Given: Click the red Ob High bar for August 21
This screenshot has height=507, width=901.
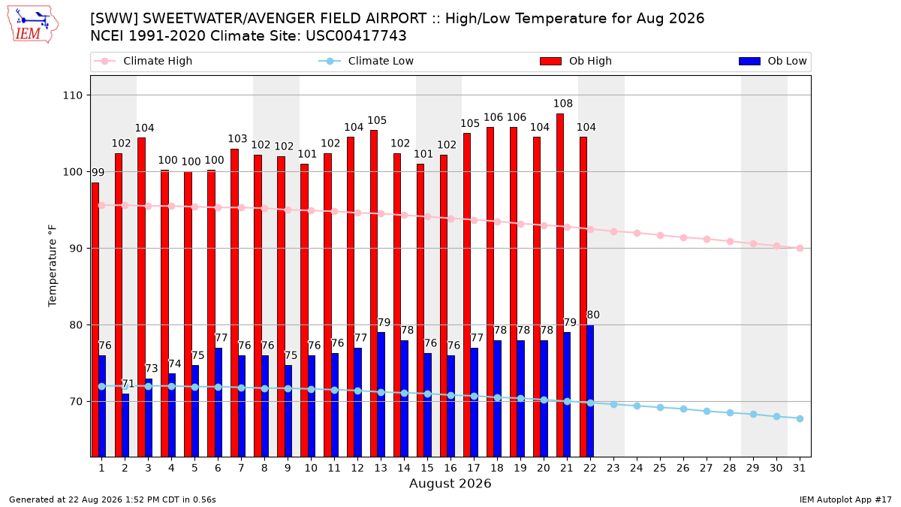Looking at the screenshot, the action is pyautogui.click(x=560, y=285).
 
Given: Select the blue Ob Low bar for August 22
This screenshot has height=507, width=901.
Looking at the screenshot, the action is pyautogui.click(x=590, y=391).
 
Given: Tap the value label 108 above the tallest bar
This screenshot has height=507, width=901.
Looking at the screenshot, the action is pyautogui.click(x=562, y=104).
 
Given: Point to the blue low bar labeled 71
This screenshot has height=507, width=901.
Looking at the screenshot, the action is pyautogui.click(x=125, y=425).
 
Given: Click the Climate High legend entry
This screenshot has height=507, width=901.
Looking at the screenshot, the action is pyautogui.click(x=143, y=61).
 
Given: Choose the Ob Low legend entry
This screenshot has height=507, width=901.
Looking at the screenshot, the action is pyautogui.click(x=773, y=61).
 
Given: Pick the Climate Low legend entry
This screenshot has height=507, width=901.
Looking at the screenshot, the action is pyautogui.click(x=366, y=61).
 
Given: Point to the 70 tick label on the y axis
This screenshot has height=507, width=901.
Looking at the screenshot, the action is pyautogui.click(x=76, y=402).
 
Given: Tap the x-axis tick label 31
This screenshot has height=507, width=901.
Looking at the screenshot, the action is pyautogui.click(x=799, y=468).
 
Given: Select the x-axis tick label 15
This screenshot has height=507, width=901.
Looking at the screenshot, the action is pyautogui.click(x=427, y=468).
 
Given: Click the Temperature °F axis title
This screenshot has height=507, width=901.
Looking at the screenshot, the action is pyautogui.click(x=53, y=266).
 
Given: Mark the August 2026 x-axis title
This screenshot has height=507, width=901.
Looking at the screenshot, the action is pyautogui.click(x=450, y=483).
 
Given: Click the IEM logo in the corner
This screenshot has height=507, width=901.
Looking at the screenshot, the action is pyautogui.click(x=33, y=25).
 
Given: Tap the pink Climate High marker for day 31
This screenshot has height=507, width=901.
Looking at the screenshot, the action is pyautogui.click(x=800, y=249).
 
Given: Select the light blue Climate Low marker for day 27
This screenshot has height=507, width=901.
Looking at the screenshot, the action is pyautogui.click(x=707, y=412).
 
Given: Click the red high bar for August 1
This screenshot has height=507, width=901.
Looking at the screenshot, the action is pyautogui.click(x=95, y=319).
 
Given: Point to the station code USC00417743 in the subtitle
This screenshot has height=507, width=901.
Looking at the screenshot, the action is pyautogui.click(x=356, y=36).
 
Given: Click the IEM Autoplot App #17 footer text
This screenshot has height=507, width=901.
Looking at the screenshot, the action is pyautogui.click(x=845, y=499).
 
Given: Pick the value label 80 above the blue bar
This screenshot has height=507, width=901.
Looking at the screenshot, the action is pyautogui.click(x=593, y=315).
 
